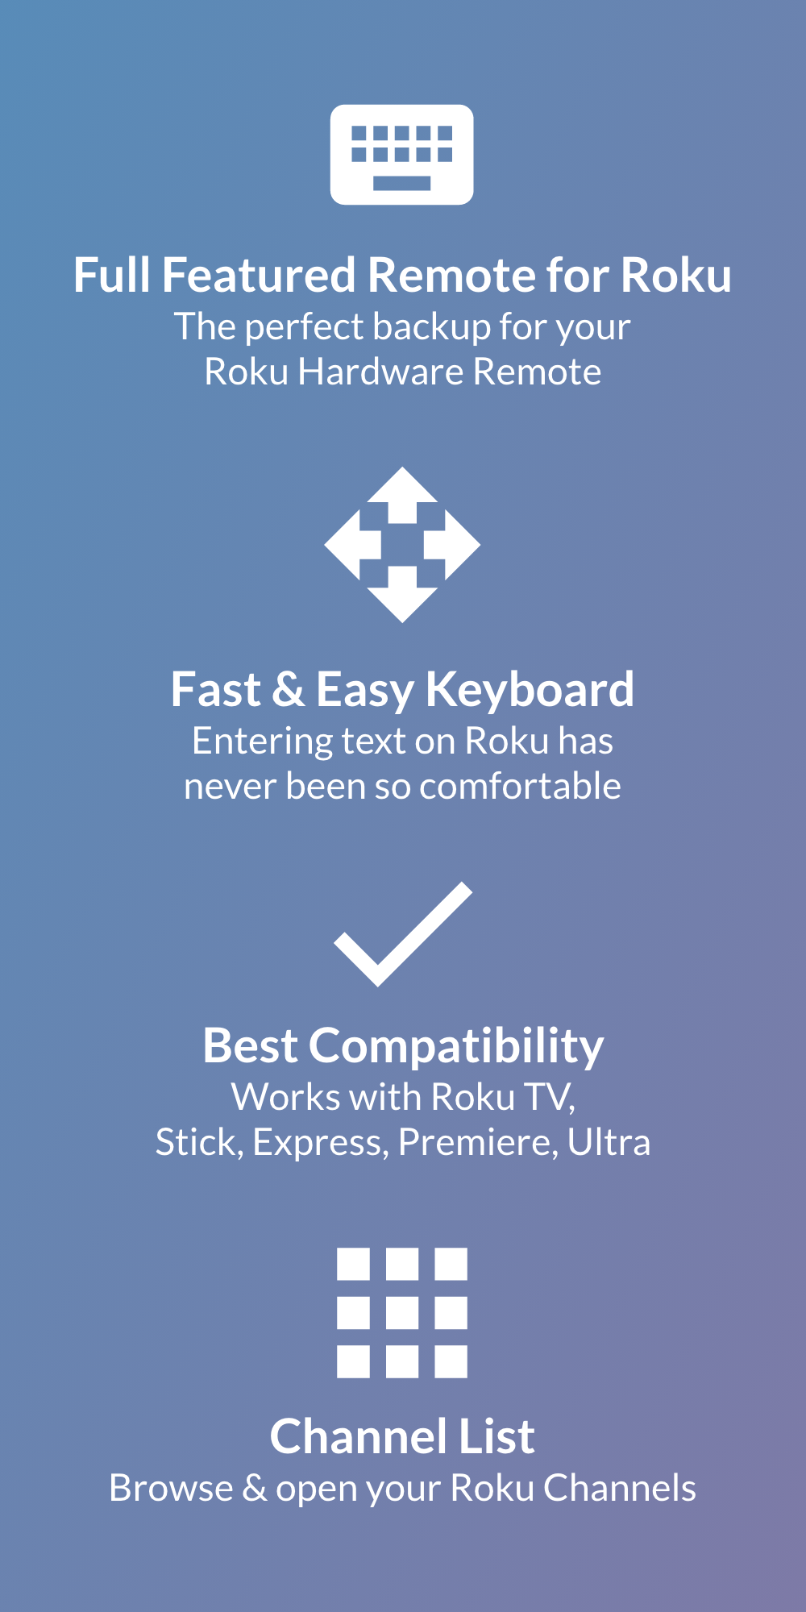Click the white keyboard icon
[401, 154]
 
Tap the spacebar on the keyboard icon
[401, 183]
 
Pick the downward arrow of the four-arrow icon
[402, 595]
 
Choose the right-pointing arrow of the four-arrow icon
[452, 545]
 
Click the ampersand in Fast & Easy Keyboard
[288, 691]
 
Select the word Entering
[262, 742]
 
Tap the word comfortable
[520, 787]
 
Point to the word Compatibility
[456, 1047]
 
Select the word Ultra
[609, 1143]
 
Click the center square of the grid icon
[402, 1313]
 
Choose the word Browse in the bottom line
[171, 1489]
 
